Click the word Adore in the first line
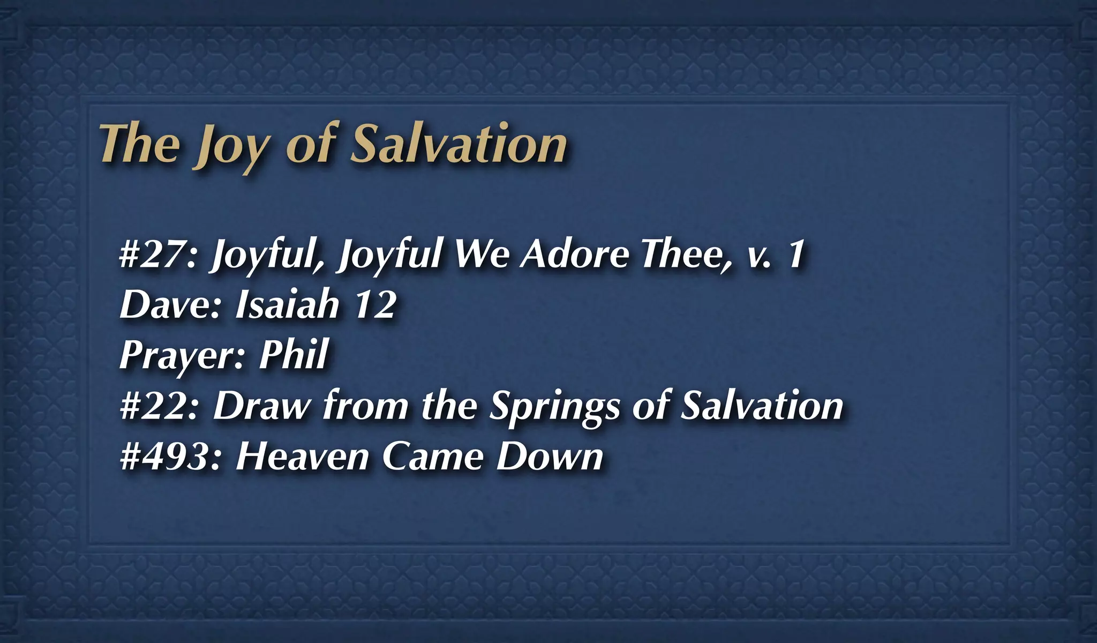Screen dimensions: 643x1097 tap(575, 254)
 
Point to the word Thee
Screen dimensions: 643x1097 tap(686, 254)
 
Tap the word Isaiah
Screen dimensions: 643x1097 tap(288, 304)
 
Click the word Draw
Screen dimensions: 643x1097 tap(262, 406)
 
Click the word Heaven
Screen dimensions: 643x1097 tap(303, 457)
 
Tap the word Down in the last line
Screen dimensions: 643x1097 tap(550, 457)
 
